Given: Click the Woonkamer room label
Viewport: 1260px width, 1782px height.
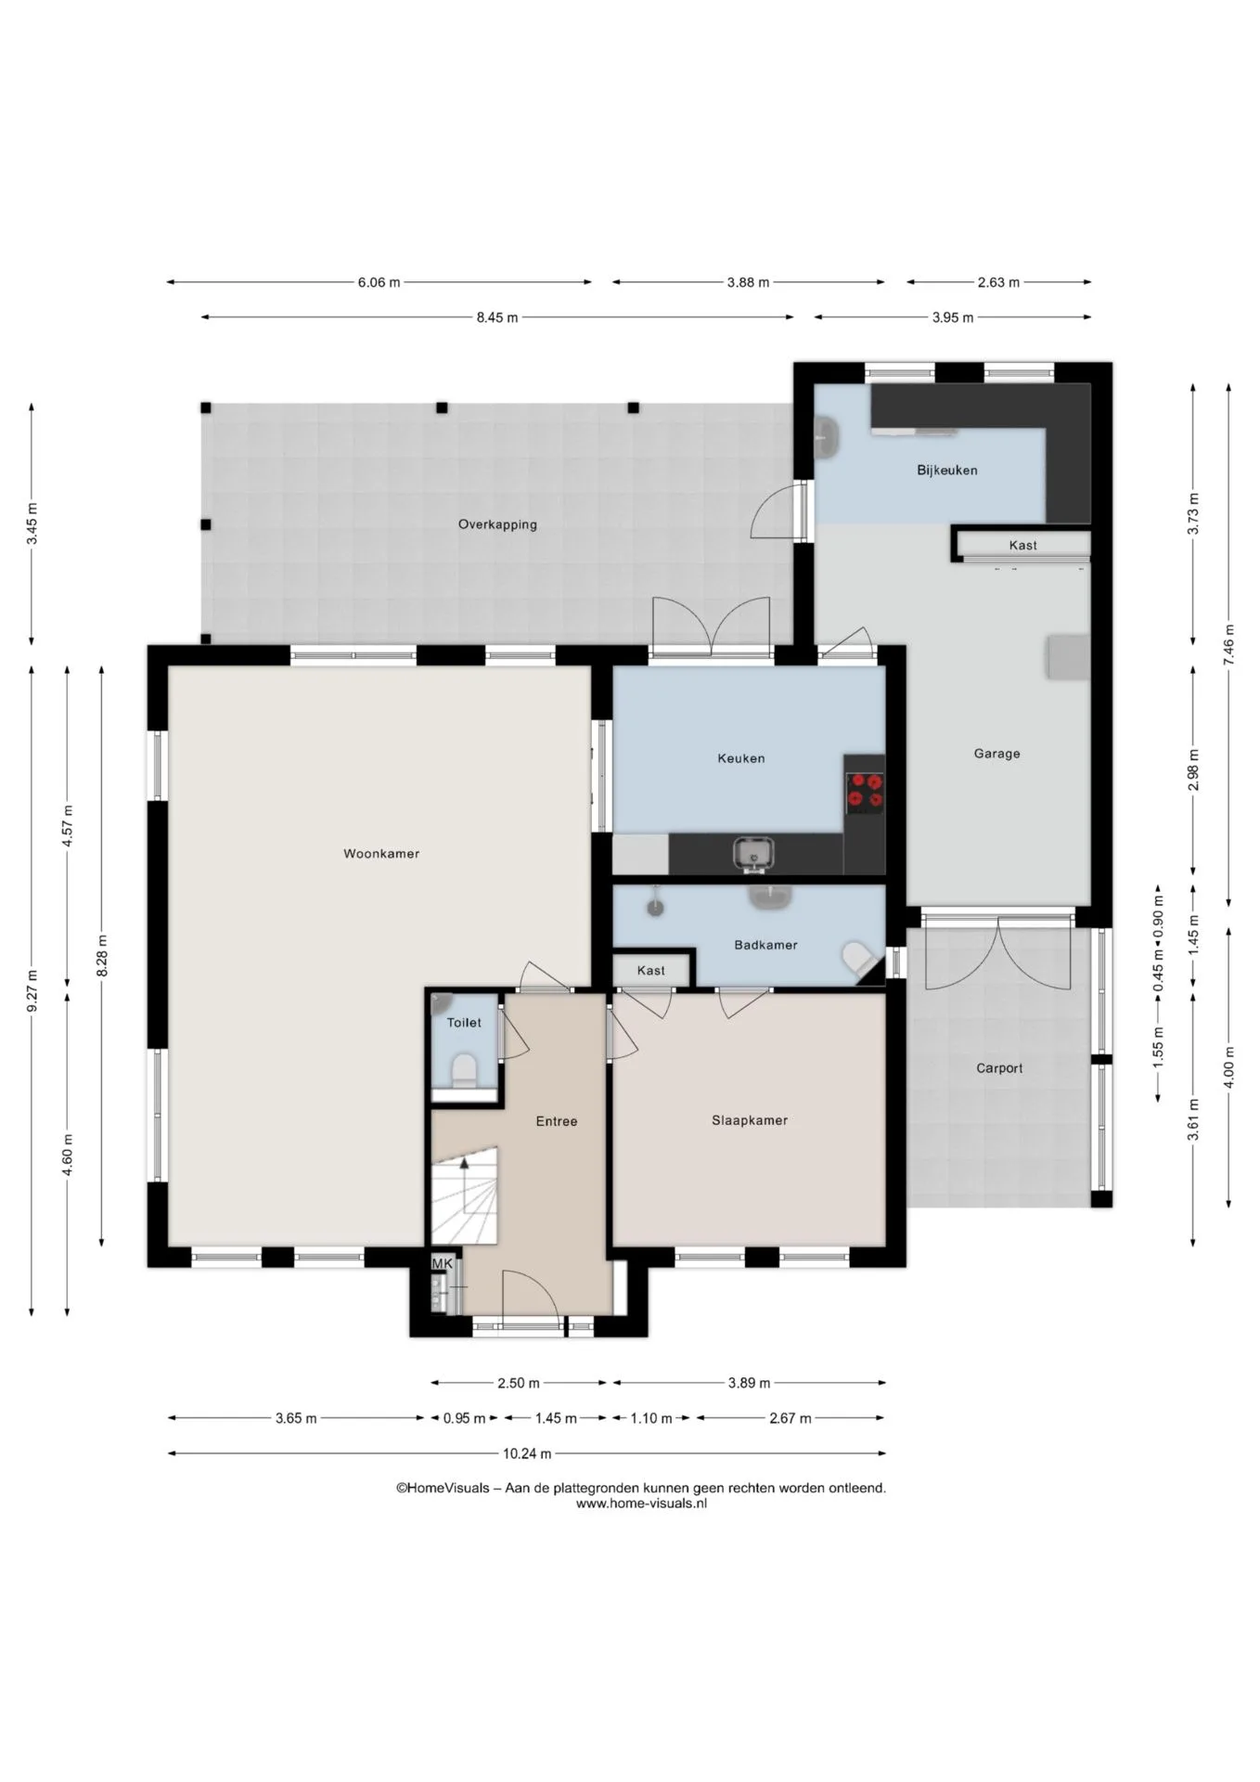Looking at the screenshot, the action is point(381,854).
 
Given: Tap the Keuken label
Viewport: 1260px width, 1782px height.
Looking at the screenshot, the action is point(741,758).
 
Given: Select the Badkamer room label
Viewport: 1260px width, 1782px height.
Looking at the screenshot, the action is point(765,945).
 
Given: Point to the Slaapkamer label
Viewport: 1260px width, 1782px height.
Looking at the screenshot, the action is point(750,1120).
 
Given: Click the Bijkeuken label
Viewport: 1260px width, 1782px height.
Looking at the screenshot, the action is point(947,470).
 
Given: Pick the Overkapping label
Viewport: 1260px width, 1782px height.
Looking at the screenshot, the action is point(497,524).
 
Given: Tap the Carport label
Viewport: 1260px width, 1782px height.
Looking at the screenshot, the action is point(999,1068).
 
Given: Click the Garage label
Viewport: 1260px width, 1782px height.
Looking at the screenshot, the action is point(996,754).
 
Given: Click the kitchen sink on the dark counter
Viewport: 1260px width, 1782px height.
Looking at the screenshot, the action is point(753,853).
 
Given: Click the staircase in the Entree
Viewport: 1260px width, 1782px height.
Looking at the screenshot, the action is point(465,1195).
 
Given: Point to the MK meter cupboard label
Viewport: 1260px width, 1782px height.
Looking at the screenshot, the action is point(443,1263).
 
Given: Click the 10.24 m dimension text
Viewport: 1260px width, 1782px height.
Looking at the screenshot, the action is point(527,1453).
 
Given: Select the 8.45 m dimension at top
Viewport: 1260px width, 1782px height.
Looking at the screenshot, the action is point(497,317).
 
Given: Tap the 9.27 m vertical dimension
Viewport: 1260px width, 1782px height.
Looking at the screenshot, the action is point(32,990).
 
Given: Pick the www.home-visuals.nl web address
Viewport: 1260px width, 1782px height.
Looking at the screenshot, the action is point(641,1504).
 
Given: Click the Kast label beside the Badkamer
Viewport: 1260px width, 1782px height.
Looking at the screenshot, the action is point(651,971).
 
